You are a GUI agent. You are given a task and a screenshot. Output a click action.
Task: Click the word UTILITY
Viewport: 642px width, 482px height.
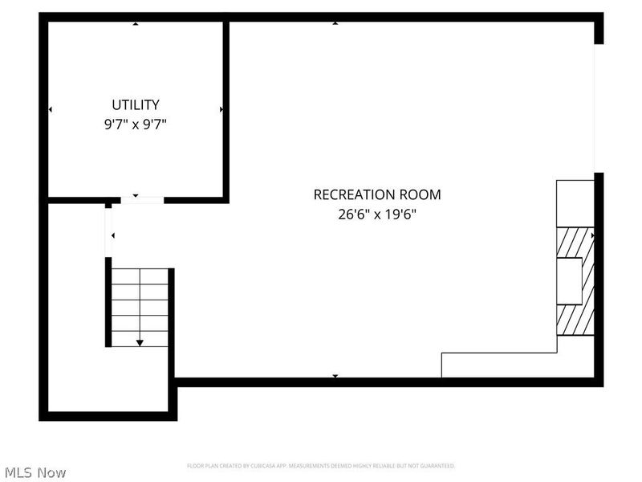pos(135,104)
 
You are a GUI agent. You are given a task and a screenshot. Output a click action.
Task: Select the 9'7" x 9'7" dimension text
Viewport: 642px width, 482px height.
pos(135,125)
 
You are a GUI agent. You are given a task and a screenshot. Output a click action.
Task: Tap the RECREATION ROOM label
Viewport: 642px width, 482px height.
pos(376,194)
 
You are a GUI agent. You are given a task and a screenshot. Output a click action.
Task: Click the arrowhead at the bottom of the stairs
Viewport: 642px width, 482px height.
pos(140,343)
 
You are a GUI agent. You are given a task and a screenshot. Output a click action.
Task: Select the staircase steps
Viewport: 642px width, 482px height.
pos(140,305)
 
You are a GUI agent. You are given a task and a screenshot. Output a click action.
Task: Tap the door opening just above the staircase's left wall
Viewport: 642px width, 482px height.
pos(108,232)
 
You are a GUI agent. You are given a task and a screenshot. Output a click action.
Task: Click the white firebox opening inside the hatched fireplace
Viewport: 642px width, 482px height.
pos(569,281)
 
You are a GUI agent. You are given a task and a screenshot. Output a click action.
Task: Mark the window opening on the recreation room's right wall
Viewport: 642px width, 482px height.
pos(597,108)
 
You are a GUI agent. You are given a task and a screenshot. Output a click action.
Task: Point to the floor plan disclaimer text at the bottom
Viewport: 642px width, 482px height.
pos(321,466)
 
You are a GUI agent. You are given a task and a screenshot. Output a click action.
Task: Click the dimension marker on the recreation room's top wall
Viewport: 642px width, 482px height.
pos(335,23)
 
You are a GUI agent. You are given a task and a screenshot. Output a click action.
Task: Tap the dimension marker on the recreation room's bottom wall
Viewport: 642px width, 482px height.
pos(335,375)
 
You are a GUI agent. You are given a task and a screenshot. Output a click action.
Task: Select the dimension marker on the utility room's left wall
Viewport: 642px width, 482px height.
pos(51,109)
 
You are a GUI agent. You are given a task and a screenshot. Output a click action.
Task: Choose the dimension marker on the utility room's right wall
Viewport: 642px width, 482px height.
pos(221,109)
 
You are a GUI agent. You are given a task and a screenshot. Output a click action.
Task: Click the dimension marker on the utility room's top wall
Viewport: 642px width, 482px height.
pos(135,23)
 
